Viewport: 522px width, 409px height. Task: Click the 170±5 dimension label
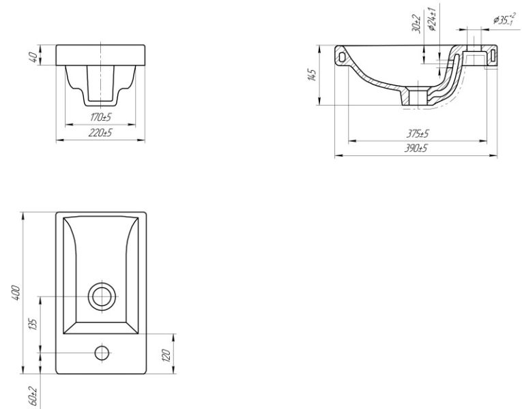point(100,117)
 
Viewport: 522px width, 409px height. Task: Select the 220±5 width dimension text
point(100,133)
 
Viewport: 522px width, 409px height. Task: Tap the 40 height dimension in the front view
point(33,57)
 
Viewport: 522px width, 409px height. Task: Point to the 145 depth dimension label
point(312,75)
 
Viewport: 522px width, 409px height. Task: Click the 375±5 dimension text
point(418,134)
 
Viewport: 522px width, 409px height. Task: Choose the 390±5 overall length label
point(416,149)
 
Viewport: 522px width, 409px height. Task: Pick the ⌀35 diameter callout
point(505,20)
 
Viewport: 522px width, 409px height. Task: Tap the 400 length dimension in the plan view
point(16,292)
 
